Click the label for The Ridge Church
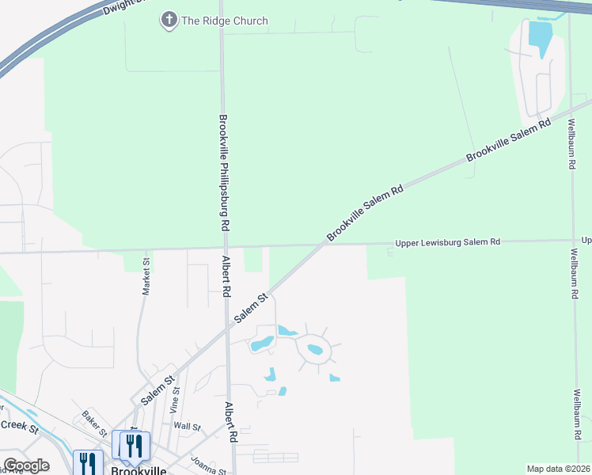(225, 21)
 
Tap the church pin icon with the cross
(169, 21)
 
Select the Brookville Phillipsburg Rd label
(224, 172)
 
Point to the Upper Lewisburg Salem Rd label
(448, 241)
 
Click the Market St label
(146, 276)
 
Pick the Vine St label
(176, 401)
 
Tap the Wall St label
(188, 427)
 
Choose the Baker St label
(94, 423)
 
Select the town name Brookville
(139, 469)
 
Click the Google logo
(26, 465)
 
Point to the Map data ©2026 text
(558, 469)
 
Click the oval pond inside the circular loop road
(314, 349)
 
